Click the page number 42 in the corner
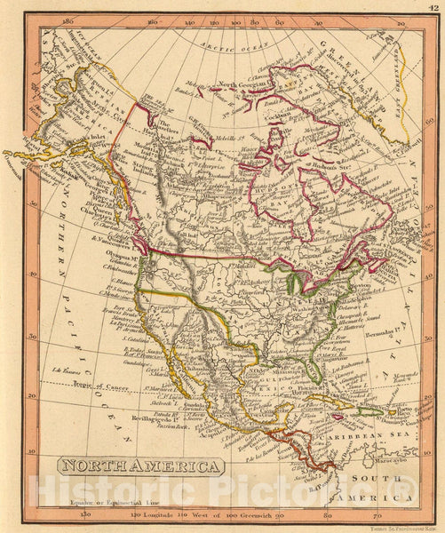coord(433,6)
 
